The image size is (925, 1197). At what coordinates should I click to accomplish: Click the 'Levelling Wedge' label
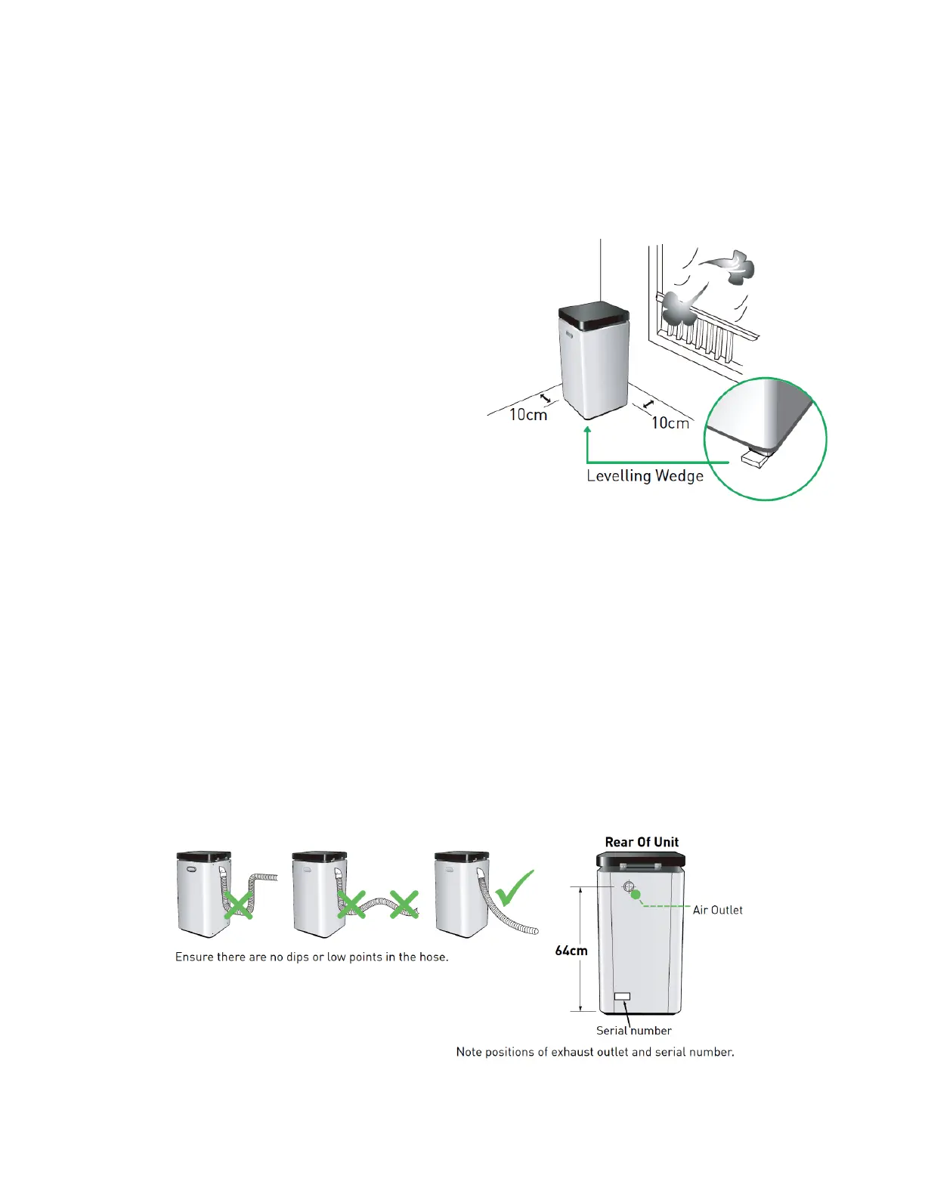pyautogui.click(x=645, y=476)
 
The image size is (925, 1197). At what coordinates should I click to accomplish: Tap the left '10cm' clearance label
pyautogui.click(x=527, y=414)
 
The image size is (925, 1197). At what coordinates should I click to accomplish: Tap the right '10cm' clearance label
pyautogui.click(x=670, y=422)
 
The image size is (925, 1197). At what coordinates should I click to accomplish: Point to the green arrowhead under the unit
pyautogui.click(x=587, y=431)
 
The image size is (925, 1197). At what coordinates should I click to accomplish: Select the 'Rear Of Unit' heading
pyautogui.click(x=642, y=842)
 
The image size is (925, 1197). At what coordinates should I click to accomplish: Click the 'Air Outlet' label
pyautogui.click(x=717, y=910)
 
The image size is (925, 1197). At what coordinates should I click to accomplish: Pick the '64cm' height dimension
pyautogui.click(x=571, y=951)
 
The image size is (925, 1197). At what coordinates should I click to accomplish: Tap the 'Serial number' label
pyautogui.click(x=633, y=1031)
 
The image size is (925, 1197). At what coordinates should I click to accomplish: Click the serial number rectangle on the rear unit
pyautogui.click(x=622, y=997)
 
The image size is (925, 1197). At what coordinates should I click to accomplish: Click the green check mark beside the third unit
pyautogui.click(x=515, y=889)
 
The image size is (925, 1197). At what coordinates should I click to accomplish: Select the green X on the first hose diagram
pyautogui.click(x=239, y=905)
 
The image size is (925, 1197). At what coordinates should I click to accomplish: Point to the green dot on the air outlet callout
pyautogui.click(x=636, y=895)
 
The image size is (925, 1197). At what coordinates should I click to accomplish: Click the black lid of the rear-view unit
pyautogui.click(x=641, y=859)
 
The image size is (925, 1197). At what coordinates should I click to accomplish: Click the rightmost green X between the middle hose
pyautogui.click(x=404, y=904)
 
